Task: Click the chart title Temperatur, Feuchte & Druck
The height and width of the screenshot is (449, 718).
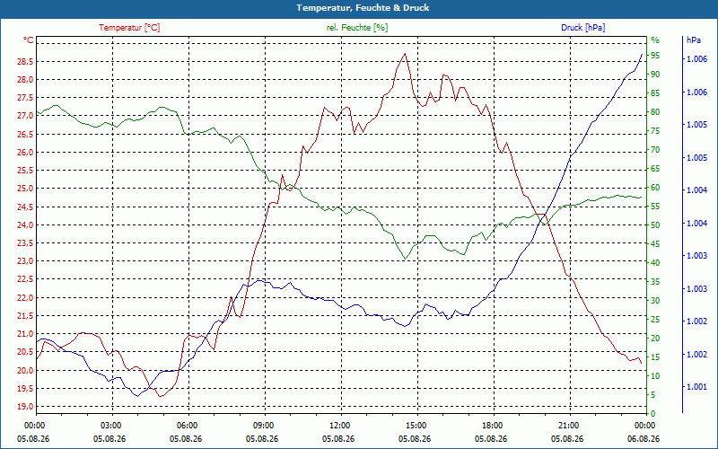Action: (363, 8)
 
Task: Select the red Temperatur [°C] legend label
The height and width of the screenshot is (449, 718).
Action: (129, 28)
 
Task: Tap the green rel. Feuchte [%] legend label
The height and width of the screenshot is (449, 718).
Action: (357, 28)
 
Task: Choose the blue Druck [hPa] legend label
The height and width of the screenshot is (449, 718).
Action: (582, 28)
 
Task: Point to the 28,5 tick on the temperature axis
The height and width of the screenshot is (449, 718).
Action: (25, 61)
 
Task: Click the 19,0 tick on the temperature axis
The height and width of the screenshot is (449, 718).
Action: (25, 407)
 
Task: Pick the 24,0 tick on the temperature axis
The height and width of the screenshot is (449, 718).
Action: (25, 225)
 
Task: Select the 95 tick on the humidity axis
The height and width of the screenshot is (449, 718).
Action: (655, 56)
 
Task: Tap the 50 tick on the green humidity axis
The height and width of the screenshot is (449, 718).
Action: (655, 225)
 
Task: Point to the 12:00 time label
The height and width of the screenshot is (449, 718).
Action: (340, 426)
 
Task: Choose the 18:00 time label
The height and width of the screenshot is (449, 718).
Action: (492, 426)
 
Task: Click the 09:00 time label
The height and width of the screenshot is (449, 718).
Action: (263, 426)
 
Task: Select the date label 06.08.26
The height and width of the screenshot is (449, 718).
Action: (644, 438)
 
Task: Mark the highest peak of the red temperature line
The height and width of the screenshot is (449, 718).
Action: (405, 54)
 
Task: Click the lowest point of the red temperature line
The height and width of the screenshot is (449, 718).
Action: (160, 396)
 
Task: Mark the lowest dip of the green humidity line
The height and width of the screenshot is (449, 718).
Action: (405, 260)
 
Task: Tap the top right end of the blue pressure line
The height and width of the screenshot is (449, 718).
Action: (642, 54)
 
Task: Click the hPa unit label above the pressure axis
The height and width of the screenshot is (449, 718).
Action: (693, 40)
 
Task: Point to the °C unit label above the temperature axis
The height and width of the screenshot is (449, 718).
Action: (29, 40)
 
